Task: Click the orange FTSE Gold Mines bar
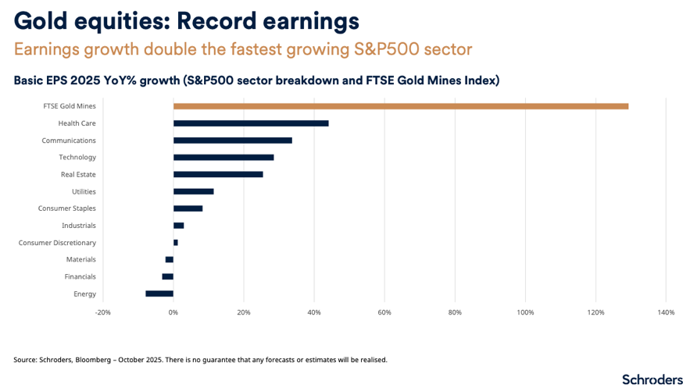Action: click(x=400, y=106)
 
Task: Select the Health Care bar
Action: click(x=251, y=123)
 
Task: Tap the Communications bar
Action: click(x=232, y=141)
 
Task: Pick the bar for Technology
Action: click(x=223, y=157)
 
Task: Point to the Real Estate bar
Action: click(x=218, y=174)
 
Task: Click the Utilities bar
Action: click(x=193, y=191)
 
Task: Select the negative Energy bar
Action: click(x=159, y=294)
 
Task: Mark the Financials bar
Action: click(x=167, y=276)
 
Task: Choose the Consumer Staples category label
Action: click(x=67, y=208)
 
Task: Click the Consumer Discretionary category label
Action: click(x=57, y=243)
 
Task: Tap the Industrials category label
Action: click(x=79, y=226)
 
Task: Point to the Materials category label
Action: click(x=81, y=259)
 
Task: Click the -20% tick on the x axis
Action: click(x=102, y=312)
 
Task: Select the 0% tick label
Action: click(x=173, y=312)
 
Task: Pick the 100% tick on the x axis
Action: click(x=525, y=312)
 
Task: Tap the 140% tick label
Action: click(x=666, y=312)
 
